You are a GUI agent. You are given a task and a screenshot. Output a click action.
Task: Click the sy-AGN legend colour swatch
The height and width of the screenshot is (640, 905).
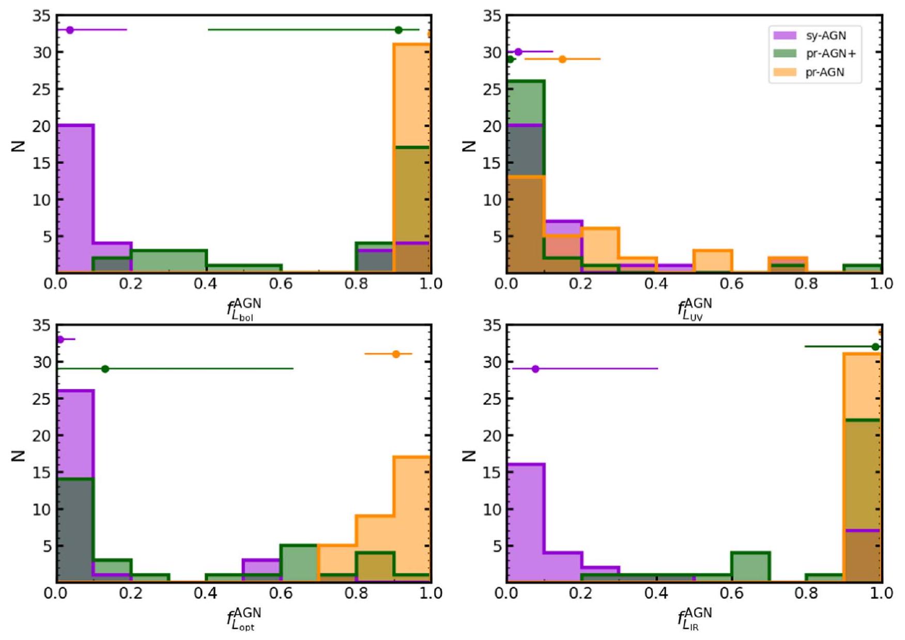coord(784,36)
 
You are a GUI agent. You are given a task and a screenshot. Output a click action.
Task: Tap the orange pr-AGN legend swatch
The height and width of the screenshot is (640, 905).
coord(784,72)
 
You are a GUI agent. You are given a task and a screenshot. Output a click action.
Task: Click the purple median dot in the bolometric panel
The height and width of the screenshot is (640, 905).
coord(70,30)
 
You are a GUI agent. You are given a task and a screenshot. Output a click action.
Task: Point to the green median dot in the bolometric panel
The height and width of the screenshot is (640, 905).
coord(398,30)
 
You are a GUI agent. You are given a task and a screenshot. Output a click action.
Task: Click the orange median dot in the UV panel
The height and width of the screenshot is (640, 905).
coord(562,59)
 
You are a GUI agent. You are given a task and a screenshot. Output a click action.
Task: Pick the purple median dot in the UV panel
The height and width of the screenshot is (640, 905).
coord(518,52)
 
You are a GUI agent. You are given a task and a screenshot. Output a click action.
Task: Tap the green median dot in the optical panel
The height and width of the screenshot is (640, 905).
coord(105,369)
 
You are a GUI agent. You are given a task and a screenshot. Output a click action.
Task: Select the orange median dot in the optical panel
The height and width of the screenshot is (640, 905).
coord(396,354)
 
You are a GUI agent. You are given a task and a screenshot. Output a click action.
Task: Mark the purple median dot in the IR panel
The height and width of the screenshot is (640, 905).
coord(535,369)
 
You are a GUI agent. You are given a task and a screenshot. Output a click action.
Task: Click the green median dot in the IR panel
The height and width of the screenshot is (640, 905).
coord(875,347)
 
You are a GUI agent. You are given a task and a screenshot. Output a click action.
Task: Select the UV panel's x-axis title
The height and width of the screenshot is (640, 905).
coord(695,309)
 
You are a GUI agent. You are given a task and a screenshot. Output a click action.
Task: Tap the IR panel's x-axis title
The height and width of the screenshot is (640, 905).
coord(695,618)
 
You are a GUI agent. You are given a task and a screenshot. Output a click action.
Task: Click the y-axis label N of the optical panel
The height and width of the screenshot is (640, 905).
coord(18,455)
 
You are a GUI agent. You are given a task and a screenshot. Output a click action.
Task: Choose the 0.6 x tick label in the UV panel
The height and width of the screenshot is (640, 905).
coord(731,284)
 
